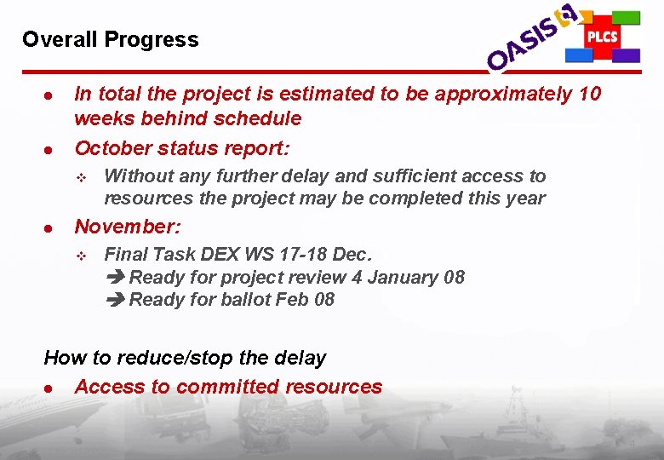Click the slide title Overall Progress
110,40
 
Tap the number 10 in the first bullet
589,94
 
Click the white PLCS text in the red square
602,37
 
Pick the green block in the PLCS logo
627,16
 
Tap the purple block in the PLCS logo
627,55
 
